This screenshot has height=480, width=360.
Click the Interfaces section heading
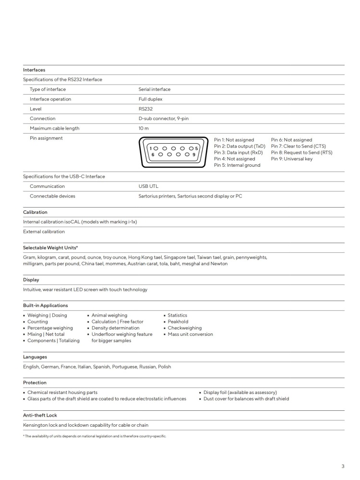(34, 70)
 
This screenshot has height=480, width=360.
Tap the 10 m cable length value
(144, 128)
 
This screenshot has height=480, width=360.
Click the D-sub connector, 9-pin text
(167, 119)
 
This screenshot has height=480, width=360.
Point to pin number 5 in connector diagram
(196, 148)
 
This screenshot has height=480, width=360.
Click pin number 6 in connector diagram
(153, 155)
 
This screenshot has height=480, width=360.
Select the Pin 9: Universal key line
(291, 159)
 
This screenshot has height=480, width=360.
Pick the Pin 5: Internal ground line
(237, 165)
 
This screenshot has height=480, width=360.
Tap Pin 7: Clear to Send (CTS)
(298, 147)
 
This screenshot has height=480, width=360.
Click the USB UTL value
(148, 186)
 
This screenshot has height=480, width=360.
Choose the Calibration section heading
(35, 212)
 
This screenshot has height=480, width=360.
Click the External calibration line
(44, 232)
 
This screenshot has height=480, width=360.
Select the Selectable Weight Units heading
(50, 247)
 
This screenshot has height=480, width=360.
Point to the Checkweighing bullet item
(185, 328)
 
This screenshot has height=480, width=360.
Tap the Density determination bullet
(115, 328)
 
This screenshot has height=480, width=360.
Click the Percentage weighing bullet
(50, 328)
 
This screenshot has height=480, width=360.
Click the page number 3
(343, 466)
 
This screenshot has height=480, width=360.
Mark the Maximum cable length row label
(54, 128)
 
